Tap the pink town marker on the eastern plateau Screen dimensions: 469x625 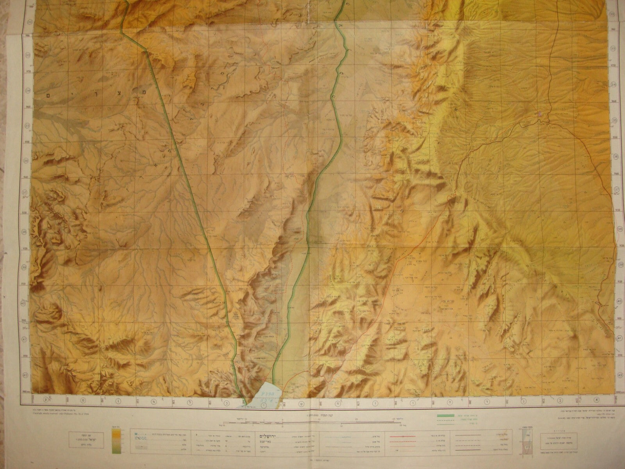click(540, 114)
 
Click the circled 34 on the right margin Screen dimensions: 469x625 click(614, 84)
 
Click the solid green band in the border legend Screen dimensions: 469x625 click(446, 415)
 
